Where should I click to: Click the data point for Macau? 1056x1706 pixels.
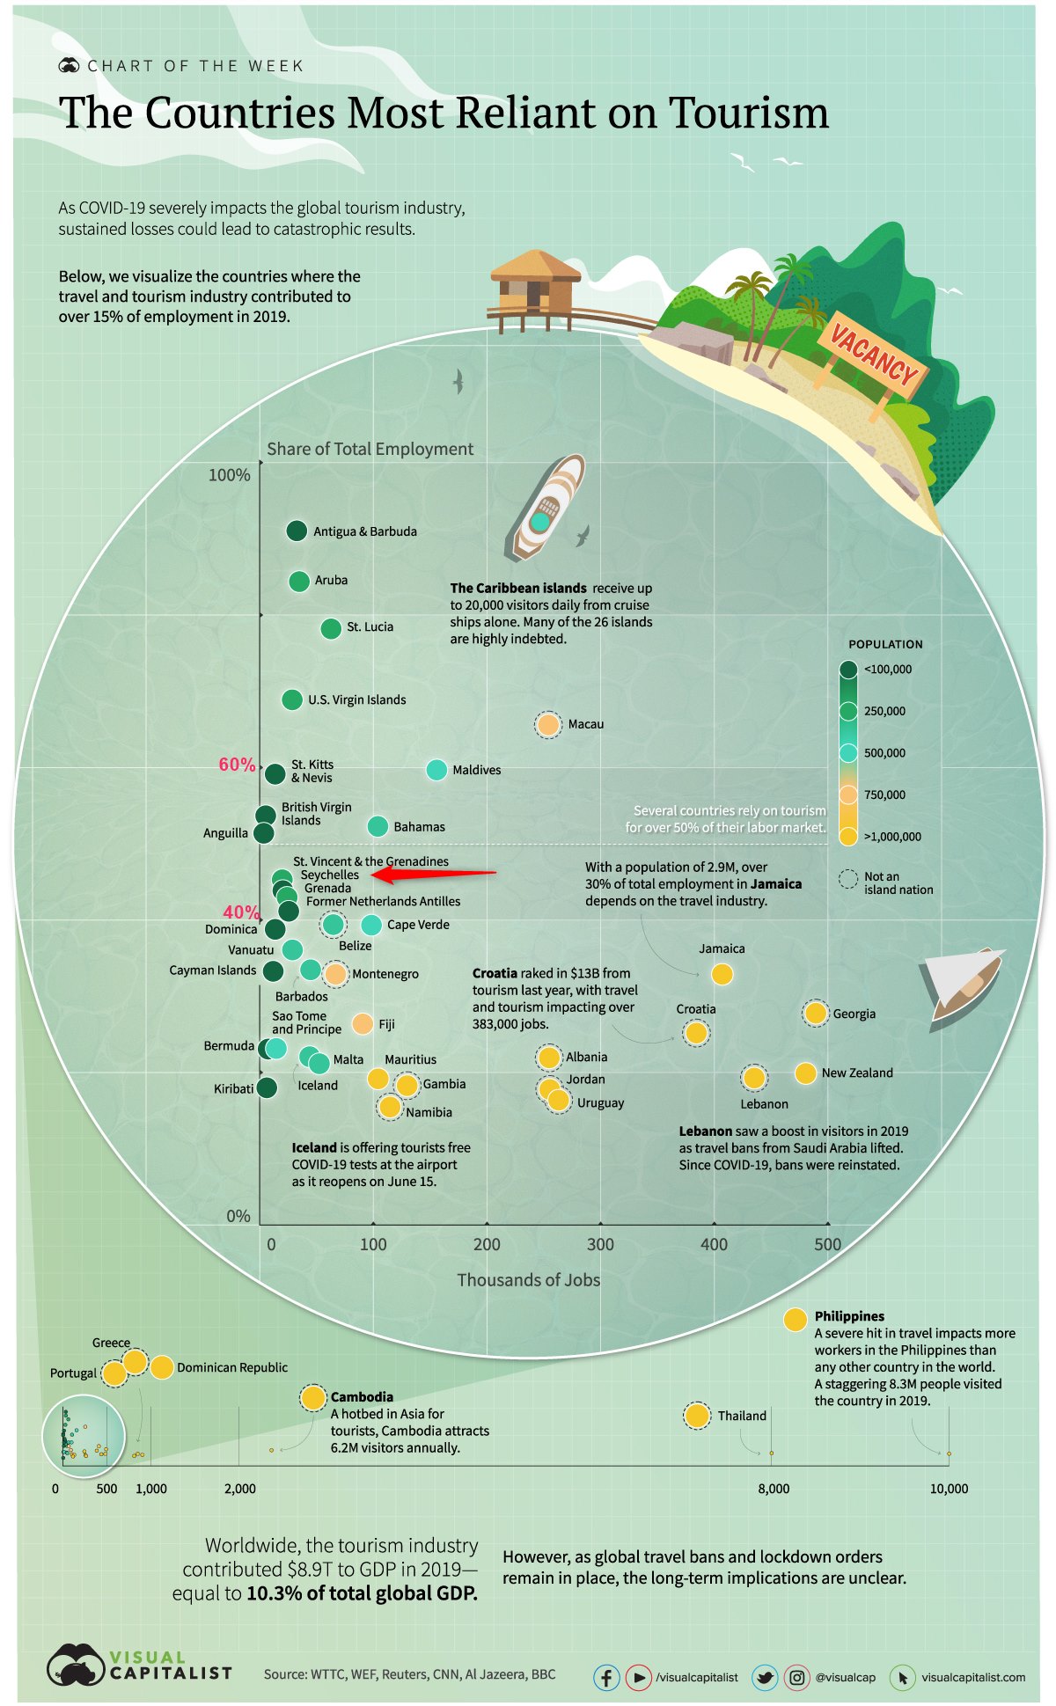tap(548, 725)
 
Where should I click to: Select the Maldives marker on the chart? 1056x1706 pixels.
tap(436, 770)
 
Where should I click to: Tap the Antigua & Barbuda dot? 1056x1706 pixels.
tap(297, 531)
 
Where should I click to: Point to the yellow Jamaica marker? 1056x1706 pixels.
tap(722, 974)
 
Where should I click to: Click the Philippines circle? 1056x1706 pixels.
tap(795, 1320)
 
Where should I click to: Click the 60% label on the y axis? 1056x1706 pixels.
tap(237, 765)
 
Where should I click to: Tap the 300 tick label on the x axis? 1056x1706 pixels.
tap(600, 1244)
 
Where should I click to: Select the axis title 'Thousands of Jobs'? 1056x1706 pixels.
tap(528, 1280)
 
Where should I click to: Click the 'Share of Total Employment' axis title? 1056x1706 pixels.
tap(370, 449)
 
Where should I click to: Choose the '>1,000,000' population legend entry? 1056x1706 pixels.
tap(892, 837)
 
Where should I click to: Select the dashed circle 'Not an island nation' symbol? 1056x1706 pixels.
tap(848, 879)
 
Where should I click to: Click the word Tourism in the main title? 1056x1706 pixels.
tap(748, 113)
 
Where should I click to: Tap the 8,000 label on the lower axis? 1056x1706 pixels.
tap(774, 1489)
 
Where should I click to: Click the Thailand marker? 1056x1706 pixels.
tap(697, 1416)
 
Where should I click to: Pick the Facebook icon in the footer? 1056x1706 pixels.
tap(606, 1677)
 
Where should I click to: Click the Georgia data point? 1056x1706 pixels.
tap(816, 1014)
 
